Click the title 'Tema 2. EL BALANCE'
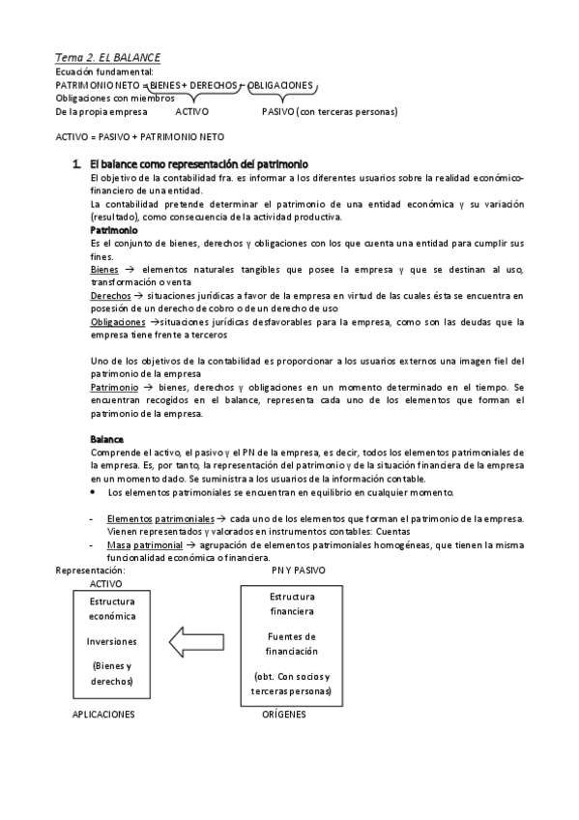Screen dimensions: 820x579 click(106, 58)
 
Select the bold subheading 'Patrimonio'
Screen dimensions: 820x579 click(114, 230)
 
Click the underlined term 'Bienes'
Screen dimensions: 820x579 click(104, 270)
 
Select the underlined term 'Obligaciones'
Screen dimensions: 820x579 click(119, 322)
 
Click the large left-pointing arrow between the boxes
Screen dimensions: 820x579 click(197, 640)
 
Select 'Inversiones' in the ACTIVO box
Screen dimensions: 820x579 click(112, 640)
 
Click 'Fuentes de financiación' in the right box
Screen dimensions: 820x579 click(292, 643)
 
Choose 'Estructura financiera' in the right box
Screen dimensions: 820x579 click(292, 603)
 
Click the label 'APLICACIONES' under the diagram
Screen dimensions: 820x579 click(103, 714)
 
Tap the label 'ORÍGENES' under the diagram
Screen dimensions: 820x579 click(284, 714)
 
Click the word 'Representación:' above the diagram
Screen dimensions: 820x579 click(90, 571)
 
